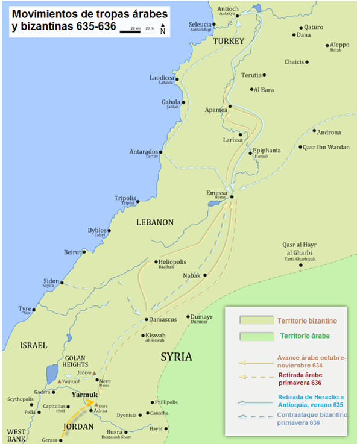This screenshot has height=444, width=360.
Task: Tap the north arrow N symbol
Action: [163, 30]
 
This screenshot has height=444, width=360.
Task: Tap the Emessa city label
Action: [217, 193]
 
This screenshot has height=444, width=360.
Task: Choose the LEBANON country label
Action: [154, 222]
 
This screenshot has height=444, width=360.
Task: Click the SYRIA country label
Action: [176, 357]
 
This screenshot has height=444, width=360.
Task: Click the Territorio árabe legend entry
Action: [305, 336]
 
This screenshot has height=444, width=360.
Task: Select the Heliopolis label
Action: [175, 262]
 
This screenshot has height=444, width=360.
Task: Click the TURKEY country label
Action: [228, 41]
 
